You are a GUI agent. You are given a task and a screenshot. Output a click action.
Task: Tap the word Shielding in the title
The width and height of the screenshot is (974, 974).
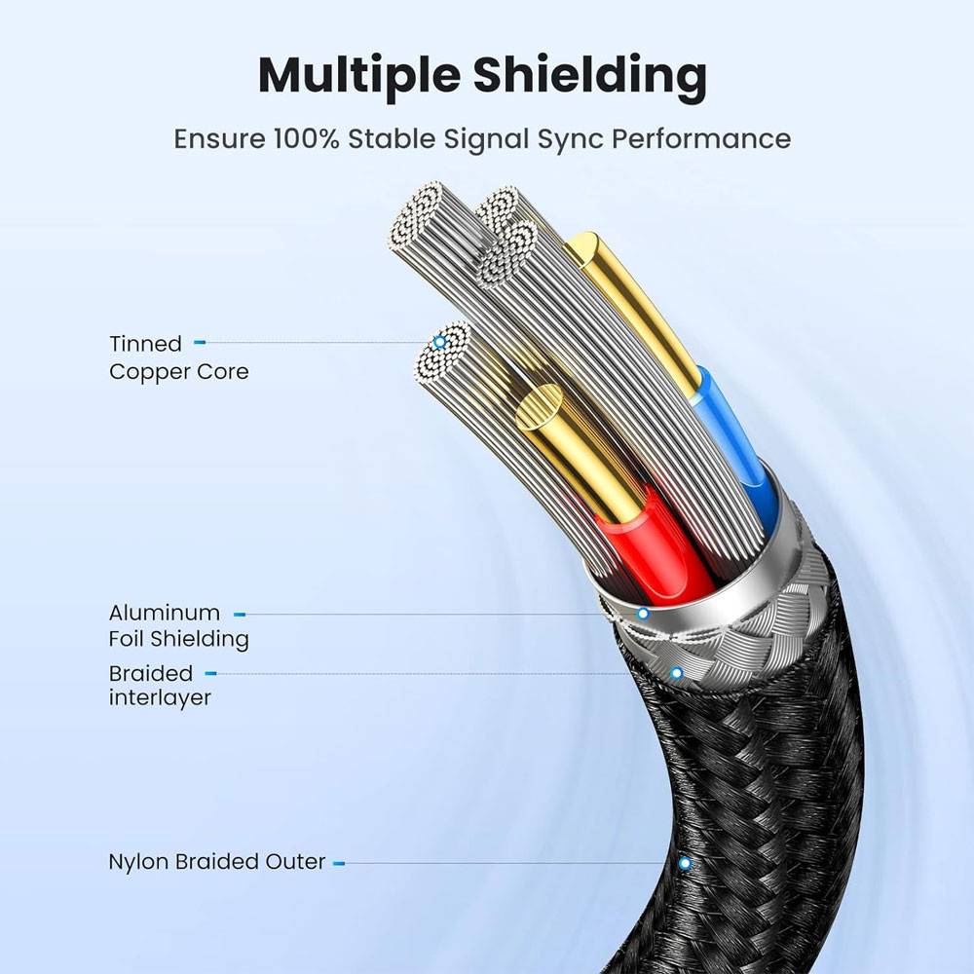[x=596, y=76]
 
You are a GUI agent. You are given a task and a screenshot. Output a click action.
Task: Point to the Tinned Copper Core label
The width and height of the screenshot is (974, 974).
[x=178, y=357]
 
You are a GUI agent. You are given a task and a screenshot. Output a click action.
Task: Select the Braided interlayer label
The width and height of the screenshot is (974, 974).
[x=160, y=685]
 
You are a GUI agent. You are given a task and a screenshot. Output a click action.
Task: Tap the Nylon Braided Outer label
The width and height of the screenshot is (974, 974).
[x=216, y=862]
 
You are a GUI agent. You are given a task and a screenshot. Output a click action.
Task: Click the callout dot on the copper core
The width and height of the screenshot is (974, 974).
[x=440, y=342]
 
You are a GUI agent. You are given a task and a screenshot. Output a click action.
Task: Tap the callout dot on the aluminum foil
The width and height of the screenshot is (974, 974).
[x=643, y=614]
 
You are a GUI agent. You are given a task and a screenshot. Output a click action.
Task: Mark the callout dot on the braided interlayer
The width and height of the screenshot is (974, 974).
[x=677, y=673]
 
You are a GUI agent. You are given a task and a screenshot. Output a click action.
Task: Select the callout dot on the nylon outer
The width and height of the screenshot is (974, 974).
[x=685, y=863]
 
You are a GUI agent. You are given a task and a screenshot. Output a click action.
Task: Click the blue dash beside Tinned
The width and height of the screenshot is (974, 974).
[x=200, y=343]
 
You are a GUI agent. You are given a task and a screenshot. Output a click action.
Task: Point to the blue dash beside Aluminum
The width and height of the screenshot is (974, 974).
[x=240, y=614]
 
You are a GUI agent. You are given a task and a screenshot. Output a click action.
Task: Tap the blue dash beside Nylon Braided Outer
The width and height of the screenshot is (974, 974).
[x=339, y=863]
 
